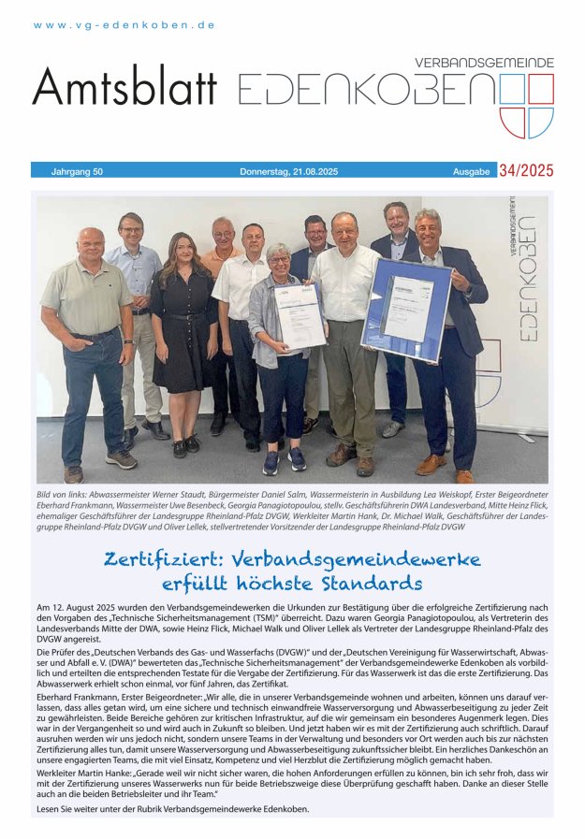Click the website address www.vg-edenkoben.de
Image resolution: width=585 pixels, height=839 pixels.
click(x=124, y=25)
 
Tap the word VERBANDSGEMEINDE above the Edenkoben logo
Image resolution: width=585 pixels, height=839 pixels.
click(x=484, y=63)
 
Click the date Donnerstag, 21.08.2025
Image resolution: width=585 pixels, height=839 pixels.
click(x=288, y=171)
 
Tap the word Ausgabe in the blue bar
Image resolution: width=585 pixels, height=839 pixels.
click(x=472, y=171)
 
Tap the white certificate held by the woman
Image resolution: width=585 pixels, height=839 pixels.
click(x=300, y=316)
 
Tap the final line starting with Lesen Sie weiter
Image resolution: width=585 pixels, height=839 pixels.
click(x=171, y=808)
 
